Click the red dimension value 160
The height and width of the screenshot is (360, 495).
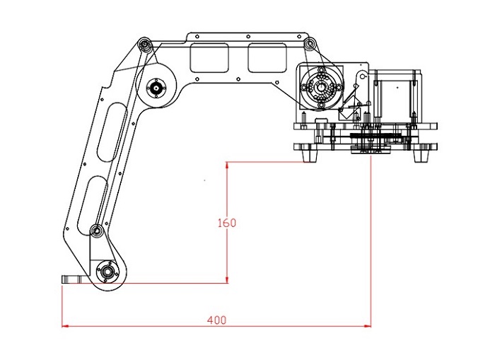pyautogui.click(x=227, y=223)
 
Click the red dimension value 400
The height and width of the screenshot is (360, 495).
pyautogui.click(x=216, y=320)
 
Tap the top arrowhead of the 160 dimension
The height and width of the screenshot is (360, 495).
pyautogui.click(x=227, y=166)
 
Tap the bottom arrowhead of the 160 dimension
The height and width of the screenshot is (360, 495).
pyautogui.click(x=227, y=279)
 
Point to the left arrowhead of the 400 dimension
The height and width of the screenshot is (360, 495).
pyautogui.click(x=65, y=326)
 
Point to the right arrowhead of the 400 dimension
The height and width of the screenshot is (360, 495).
pyautogui.click(x=368, y=326)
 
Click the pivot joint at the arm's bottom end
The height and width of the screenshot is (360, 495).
pyautogui.click(x=107, y=271)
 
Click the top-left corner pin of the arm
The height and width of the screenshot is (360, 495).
pyautogui.click(x=144, y=44)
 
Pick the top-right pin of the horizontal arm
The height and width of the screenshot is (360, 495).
pyautogui.click(x=310, y=43)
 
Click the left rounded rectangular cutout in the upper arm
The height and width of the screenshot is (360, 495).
pyautogui.click(x=209, y=57)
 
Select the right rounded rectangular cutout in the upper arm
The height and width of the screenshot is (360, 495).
pyautogui.click(x=267, y=57)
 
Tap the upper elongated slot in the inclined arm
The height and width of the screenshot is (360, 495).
pyautogui.click(x=111, y=132)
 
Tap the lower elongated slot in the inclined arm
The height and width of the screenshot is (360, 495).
pyautogui.click(x=92, y=207)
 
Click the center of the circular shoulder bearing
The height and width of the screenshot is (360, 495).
pyautogui.click(x=321, y=88)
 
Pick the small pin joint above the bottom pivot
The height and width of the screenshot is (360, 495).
pyautogui.click(x=96, y=230)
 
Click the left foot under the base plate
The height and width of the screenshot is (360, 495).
pyautogui.click(x=310, y=156)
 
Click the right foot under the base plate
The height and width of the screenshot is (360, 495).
pyautogui.click(x=421, y=156)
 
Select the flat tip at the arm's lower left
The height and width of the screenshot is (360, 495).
pyautogui.click(x=72, y=279)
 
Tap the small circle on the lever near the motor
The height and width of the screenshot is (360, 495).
pyautogui.click(x=363, y=76)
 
